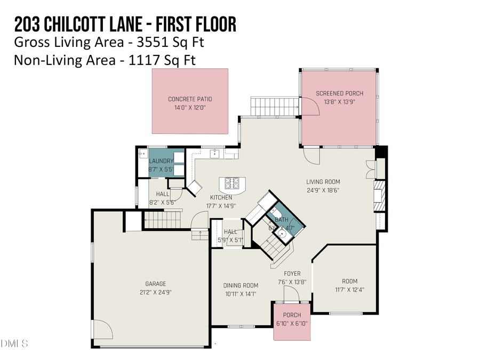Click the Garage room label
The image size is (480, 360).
(x=155, y=284)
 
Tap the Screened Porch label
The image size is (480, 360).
(x=339, y=93)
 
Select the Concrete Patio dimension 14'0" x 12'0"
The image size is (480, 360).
(x=190, y=107)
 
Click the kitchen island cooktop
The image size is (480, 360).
(x=233, y=183)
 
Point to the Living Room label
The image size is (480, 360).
(x=323, y=181)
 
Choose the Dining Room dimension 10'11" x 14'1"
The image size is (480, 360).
(x=240, y=293)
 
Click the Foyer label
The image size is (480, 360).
(x=292, y=274)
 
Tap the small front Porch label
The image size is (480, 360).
(x=292, y=315)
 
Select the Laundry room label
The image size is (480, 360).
(x=161, y=161)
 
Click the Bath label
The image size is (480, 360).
(x=281, y=220)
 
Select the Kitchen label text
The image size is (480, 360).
(x=220, y=197)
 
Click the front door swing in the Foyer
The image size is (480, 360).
(x=291, y=293)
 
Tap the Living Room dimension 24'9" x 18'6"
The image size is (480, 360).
(x=323, y=190)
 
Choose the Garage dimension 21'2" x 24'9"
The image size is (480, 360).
(x=155, y=292)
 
